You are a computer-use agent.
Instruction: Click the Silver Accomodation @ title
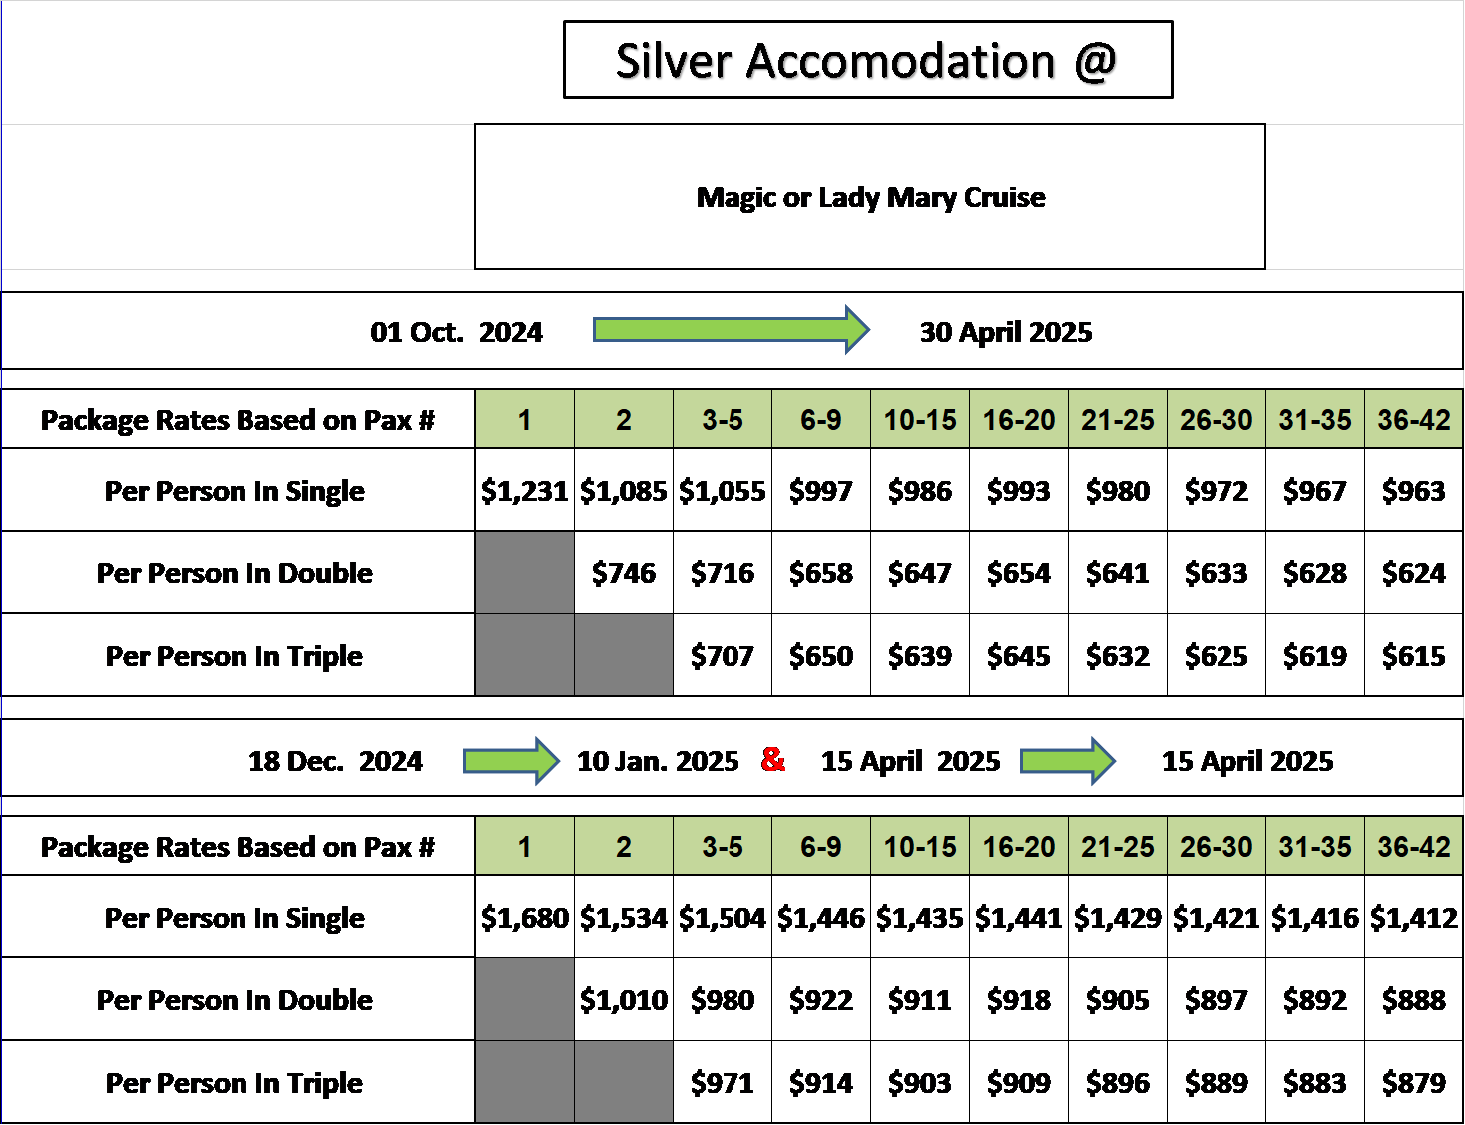click(866, 61)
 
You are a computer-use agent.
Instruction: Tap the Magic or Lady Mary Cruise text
click(870, 198)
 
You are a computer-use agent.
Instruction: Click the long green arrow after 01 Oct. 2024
click(732, 330)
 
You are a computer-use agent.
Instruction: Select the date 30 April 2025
click(1005, 332)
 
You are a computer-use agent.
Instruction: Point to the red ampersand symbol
click(772, 759)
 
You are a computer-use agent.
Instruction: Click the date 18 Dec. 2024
click(335, 761)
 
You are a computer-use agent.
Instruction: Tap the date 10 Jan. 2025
click(658, 761)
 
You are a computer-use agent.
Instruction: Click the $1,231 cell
click(525, 491)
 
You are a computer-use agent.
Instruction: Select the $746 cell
click(624, 573)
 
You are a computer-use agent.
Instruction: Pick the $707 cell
click(723, 656)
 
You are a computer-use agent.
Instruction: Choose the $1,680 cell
click(525, 918)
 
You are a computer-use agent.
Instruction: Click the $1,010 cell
click(624, 1000)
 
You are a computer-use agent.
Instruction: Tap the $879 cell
click(1414, 1083)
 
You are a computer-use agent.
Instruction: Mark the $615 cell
click(1414, 656)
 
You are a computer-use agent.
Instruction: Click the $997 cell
click(821, 491)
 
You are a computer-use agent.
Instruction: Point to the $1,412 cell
click(1414, 918)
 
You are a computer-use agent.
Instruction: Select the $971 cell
click(723, 1083)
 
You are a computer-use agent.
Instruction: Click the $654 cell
click(1019, 573)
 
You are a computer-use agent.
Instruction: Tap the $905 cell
click(1117, 1000)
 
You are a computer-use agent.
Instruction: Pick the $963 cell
click(1414, 491)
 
